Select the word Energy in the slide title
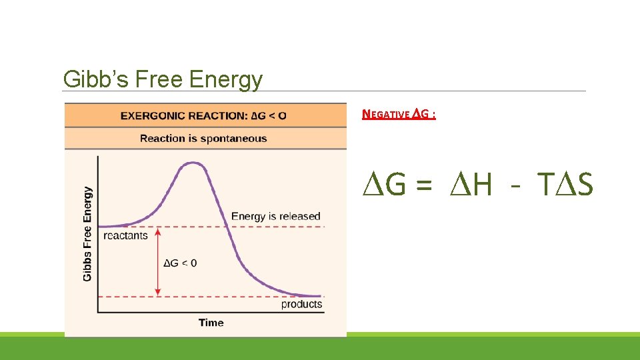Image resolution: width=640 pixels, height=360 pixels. point(226,80)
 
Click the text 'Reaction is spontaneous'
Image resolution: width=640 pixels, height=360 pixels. point(203,139)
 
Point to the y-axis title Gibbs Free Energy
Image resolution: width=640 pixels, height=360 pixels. point(87,233)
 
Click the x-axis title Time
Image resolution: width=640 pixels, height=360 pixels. point(211,323)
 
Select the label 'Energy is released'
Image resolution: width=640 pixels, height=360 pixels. point(275,216)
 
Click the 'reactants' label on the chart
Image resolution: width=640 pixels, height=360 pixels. point(125,235)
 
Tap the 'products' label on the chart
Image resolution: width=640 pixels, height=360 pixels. point(301,305)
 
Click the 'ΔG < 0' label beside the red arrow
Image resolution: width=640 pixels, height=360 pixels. point(180,263)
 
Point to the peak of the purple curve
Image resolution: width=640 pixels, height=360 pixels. point(193,163)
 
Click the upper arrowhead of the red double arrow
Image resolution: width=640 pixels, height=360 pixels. point(158,231)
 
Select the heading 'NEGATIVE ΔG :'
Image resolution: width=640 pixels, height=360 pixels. point(399,114)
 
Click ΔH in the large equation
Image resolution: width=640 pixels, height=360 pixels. point(470,185)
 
